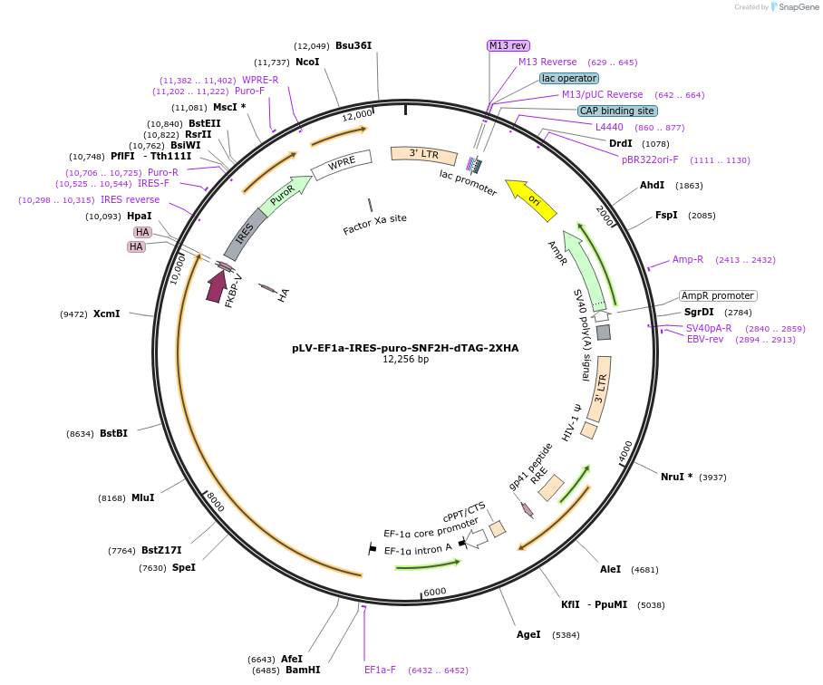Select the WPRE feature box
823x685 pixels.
point(341,164)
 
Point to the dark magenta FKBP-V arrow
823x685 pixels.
point(216,285)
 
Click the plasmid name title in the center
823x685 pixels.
point(405,348)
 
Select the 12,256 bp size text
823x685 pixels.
point(405,360)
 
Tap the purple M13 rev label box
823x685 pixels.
point(508,45)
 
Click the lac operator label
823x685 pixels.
point(569,78)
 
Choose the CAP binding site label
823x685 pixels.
point(617,111)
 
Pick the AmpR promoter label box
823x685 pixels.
point(718,295)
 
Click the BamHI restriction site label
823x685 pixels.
point(303,670)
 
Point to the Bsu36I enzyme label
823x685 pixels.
point(353,45)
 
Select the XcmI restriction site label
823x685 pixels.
point(107,314)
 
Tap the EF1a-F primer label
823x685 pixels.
point(380,670)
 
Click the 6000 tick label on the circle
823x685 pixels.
point(434,592)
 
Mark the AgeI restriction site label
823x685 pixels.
point(528,634)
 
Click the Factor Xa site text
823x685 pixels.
point(374,224)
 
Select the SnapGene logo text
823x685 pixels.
point(798,7)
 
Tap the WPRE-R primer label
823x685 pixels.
point(260,80)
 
